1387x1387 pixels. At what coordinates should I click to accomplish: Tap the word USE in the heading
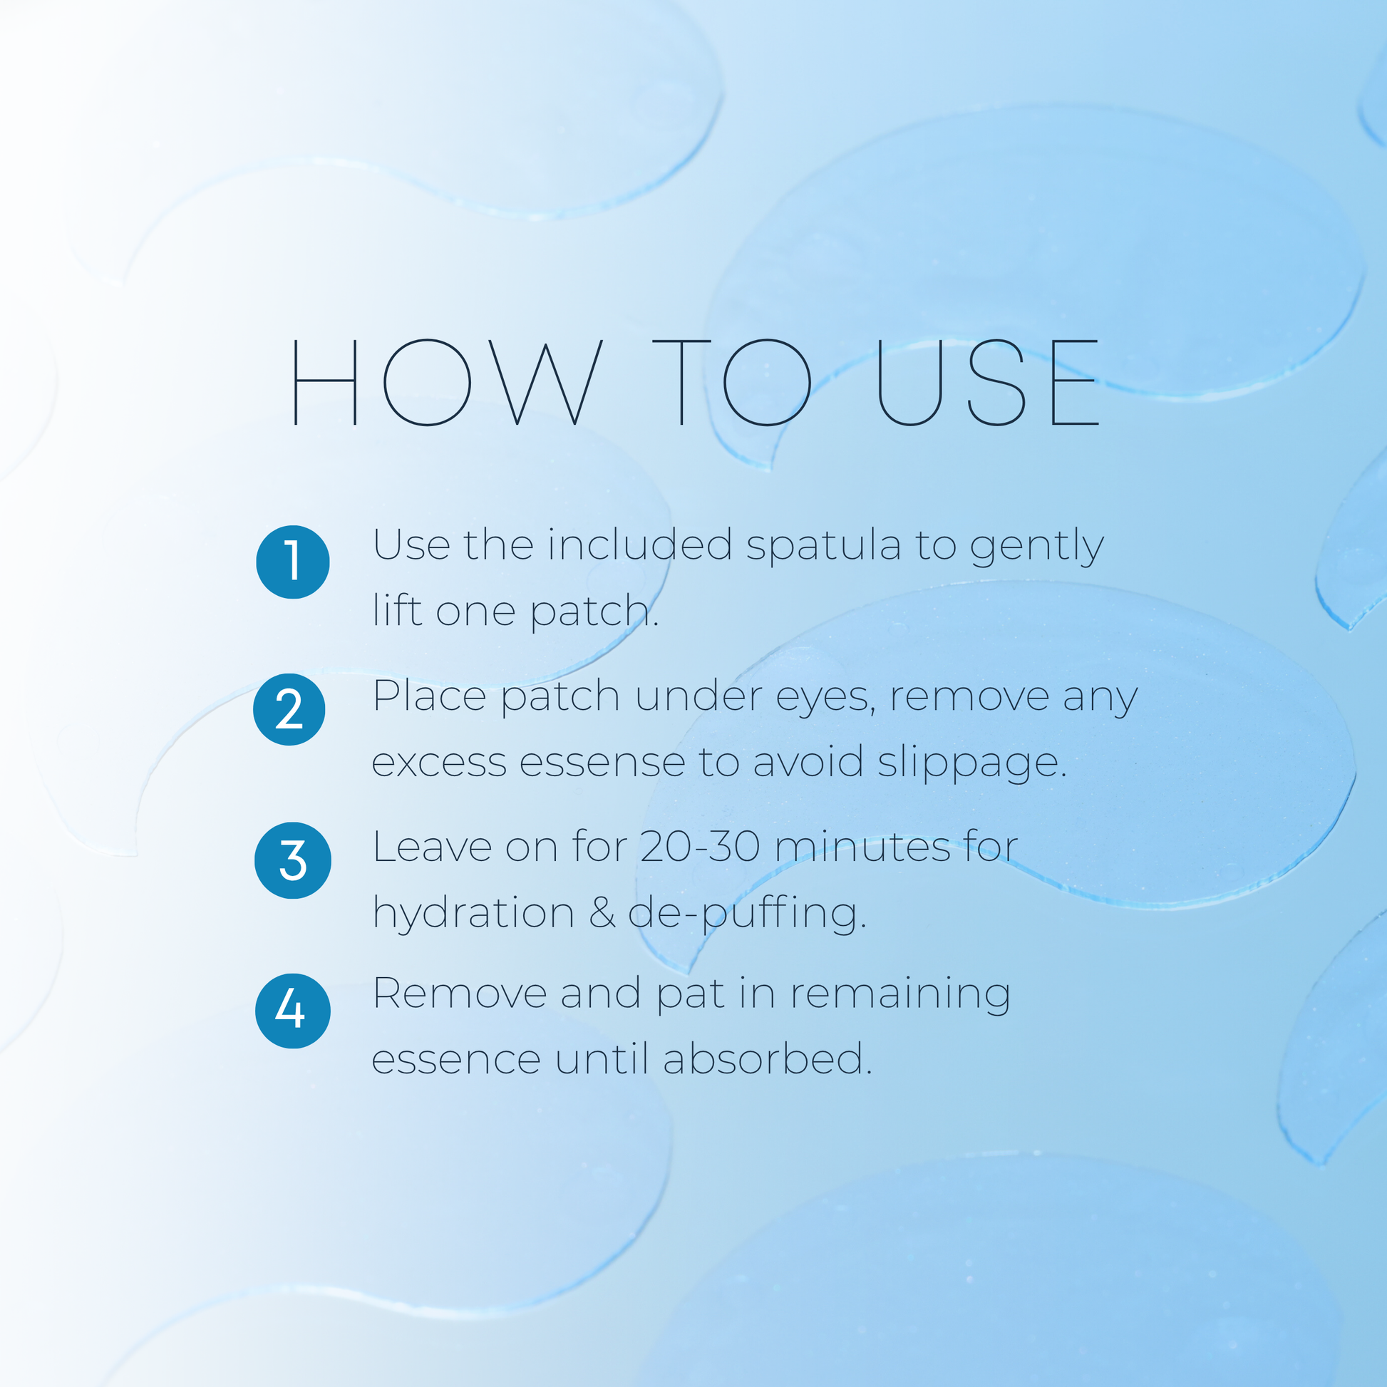[x=989, y=382]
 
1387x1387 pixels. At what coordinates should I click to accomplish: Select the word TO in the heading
[x=731, y=382]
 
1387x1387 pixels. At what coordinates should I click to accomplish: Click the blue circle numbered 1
[x=293, y=562]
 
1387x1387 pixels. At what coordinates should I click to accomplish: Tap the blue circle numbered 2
[x=289, y=709]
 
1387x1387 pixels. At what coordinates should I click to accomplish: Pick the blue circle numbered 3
[x=293, y=860]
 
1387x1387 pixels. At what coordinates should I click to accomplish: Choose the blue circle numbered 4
[x=293, y=1011]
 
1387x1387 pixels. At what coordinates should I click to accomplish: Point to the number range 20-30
[x=700, y=847]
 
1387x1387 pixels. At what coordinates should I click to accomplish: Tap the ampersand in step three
[x=602, y=913]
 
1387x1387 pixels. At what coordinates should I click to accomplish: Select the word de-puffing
[x=748, y=914]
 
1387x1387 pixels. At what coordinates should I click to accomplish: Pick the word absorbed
[x=768, y=1058]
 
